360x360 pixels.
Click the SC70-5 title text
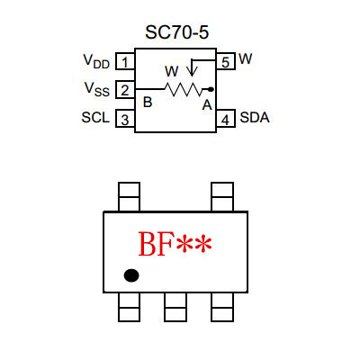tap(176, 32)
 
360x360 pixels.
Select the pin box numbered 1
tap(125, 61)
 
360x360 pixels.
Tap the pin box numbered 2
tap(125, 89)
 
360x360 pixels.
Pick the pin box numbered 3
tap(125, 118)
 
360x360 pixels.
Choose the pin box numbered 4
tap(225, 118)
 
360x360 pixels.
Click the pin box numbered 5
tap(225, 61)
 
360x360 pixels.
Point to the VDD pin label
tap(96, 61)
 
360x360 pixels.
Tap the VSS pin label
tap(97, 89)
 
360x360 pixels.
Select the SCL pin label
tap(95, 117)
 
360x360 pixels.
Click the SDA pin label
tap(255, 117)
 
